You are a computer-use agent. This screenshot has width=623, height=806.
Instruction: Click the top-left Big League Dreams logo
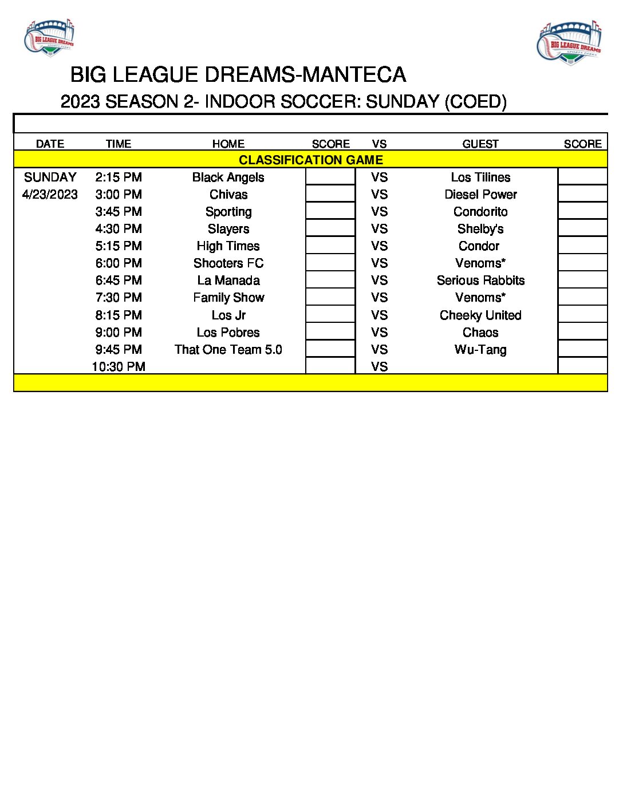(49, 37)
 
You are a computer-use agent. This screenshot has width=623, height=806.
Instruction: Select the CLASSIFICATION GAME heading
(310, 160)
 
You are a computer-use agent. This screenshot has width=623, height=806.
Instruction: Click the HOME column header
(228, 144)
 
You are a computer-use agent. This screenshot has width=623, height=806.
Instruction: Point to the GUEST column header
(480, 144)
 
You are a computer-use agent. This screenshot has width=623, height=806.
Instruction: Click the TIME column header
(119, 144)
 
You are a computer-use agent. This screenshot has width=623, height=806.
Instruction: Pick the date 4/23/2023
(50, 195)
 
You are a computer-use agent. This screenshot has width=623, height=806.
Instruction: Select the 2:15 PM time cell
(119, 177)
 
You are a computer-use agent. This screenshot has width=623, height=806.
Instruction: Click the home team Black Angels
(228, 177)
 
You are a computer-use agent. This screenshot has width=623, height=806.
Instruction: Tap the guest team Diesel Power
(480, 195)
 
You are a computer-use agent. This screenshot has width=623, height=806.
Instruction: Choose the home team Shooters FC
(228, 263)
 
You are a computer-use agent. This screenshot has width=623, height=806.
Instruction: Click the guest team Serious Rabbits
(480, 280)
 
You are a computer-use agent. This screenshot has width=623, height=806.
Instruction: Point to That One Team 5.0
(228, 350)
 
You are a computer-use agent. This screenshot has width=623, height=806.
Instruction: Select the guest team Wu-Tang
(480, 350)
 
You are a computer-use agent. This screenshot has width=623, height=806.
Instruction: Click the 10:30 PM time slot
(119, 367)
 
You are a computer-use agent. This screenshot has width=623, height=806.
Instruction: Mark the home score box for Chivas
(330, 194)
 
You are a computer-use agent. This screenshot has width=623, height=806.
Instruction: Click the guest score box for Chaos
(582, 332)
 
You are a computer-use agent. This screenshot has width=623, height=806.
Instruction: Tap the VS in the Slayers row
(379, 229)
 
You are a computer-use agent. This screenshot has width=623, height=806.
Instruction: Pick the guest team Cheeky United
(480, 315)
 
